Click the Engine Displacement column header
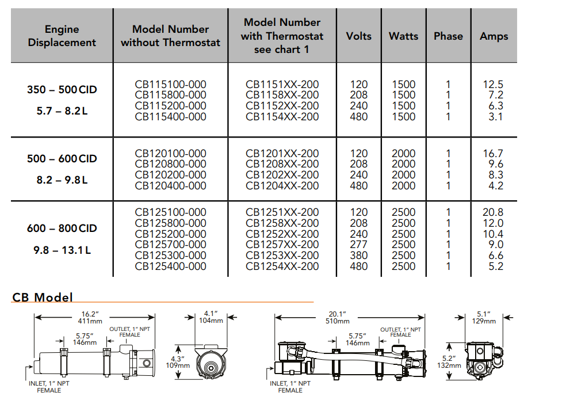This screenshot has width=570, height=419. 62,36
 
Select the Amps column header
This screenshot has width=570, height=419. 494,36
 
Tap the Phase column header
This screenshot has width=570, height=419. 448,36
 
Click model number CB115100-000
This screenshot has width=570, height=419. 170,84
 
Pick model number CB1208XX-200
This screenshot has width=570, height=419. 282,164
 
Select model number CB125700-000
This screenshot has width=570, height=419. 170,245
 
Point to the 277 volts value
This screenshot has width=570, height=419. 358,245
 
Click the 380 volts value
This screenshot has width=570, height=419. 358,256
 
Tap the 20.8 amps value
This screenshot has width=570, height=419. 493,212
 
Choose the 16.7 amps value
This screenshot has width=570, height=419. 493,153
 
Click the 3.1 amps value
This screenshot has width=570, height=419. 495,117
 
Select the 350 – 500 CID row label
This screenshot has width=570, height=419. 62,90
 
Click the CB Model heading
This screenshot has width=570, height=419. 43,297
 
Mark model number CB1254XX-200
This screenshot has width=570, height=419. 282,266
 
